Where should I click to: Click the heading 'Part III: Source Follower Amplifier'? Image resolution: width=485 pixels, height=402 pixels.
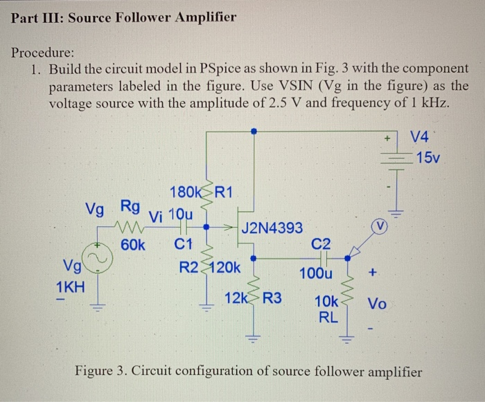click(124, 17)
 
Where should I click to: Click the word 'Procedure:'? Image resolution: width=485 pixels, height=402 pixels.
click(44, 53)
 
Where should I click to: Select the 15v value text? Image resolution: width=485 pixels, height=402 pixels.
click(428, 158)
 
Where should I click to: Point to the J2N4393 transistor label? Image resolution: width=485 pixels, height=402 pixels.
click(271, 226)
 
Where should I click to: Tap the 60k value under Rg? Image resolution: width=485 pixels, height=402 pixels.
click(132, 244)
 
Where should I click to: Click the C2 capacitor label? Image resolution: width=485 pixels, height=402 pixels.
click(321, 243)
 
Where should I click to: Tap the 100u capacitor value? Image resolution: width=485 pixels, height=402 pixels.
click(316, 274)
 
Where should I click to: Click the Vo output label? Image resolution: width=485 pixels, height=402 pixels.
click(378, 303)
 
